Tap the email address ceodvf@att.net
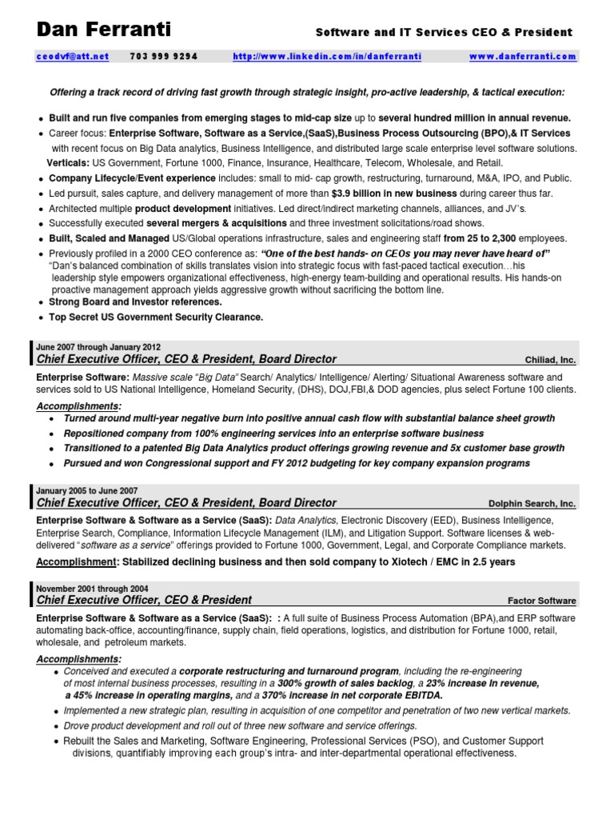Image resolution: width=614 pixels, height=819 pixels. pos(72,57)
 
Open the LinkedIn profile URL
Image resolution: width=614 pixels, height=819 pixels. pos(327,57)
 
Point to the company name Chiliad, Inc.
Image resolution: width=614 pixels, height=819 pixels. pos(550,361)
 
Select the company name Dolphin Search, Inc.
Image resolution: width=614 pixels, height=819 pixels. pos(532,504)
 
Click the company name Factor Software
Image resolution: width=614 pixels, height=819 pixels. pos(541,601)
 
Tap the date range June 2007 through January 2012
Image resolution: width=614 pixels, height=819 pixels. pos(98,347)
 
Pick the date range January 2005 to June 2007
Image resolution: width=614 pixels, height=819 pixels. pos(87,490)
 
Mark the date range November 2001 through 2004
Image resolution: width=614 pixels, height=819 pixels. pos(92,588)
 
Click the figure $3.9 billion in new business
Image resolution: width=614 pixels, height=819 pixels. pos(394,194)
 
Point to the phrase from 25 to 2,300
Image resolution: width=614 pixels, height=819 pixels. pos(480,238)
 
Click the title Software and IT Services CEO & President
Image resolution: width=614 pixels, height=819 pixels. pos(445,33)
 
